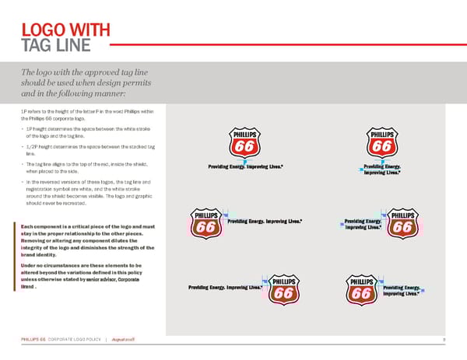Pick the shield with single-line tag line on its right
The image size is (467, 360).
tap(206, 225)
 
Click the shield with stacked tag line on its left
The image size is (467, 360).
tap(402, 225)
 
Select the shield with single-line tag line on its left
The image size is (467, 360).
tap(285, 291)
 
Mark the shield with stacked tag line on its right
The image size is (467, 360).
tap(360, 291)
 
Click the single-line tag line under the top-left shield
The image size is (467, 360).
tap(245, 167)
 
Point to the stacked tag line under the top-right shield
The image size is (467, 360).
tap(382, 170)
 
